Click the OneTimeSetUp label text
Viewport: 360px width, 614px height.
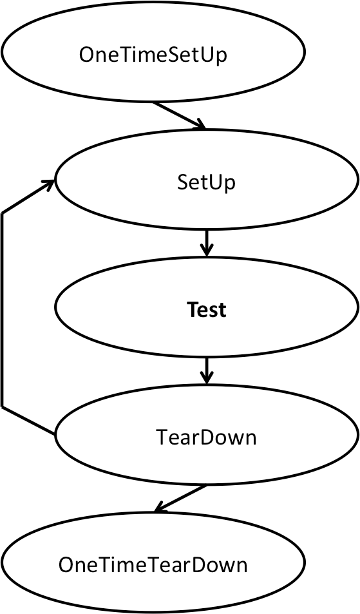pyautogui.click(x=153, y=55)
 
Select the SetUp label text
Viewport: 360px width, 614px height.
pyautogui.click(x=206, y=182)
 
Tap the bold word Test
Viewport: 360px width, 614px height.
pyautogui.click(x=207, y=309)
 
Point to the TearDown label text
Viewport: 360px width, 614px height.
pyautogui.click(x=206, y=437)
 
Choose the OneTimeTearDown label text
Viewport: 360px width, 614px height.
pyautogui.click(x=153, y=564)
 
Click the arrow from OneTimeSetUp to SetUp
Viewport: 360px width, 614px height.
pyautogui.click(x=179, y=115)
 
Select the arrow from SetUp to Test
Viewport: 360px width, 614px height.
pyautogui.click(x=207, y=243)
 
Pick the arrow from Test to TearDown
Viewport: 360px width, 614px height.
pyautogui.click(x=207, y=370)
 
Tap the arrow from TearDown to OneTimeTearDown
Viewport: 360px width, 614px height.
pyautogui.click(x=180, y=499)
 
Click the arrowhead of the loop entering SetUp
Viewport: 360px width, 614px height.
pyautogui.click(x=50, y=184)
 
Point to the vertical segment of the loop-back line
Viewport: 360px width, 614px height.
pyautogui.click(x=3, y=310)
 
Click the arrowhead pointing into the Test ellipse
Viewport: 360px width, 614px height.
pyautogui.click(x=207, y=251)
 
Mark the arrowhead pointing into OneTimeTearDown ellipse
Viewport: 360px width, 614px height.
pyautogui.click(x=160, y=508)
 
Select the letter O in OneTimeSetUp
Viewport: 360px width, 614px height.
pyautogui.click(x=86, y=55)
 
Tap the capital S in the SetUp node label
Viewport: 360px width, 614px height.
pyautogui.click(x=182, y=182)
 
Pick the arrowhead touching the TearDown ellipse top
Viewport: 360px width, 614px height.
pyautogui.click(x=207, y=378)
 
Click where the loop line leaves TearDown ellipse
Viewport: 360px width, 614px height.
pyautogui.click(x=55, y=434)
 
